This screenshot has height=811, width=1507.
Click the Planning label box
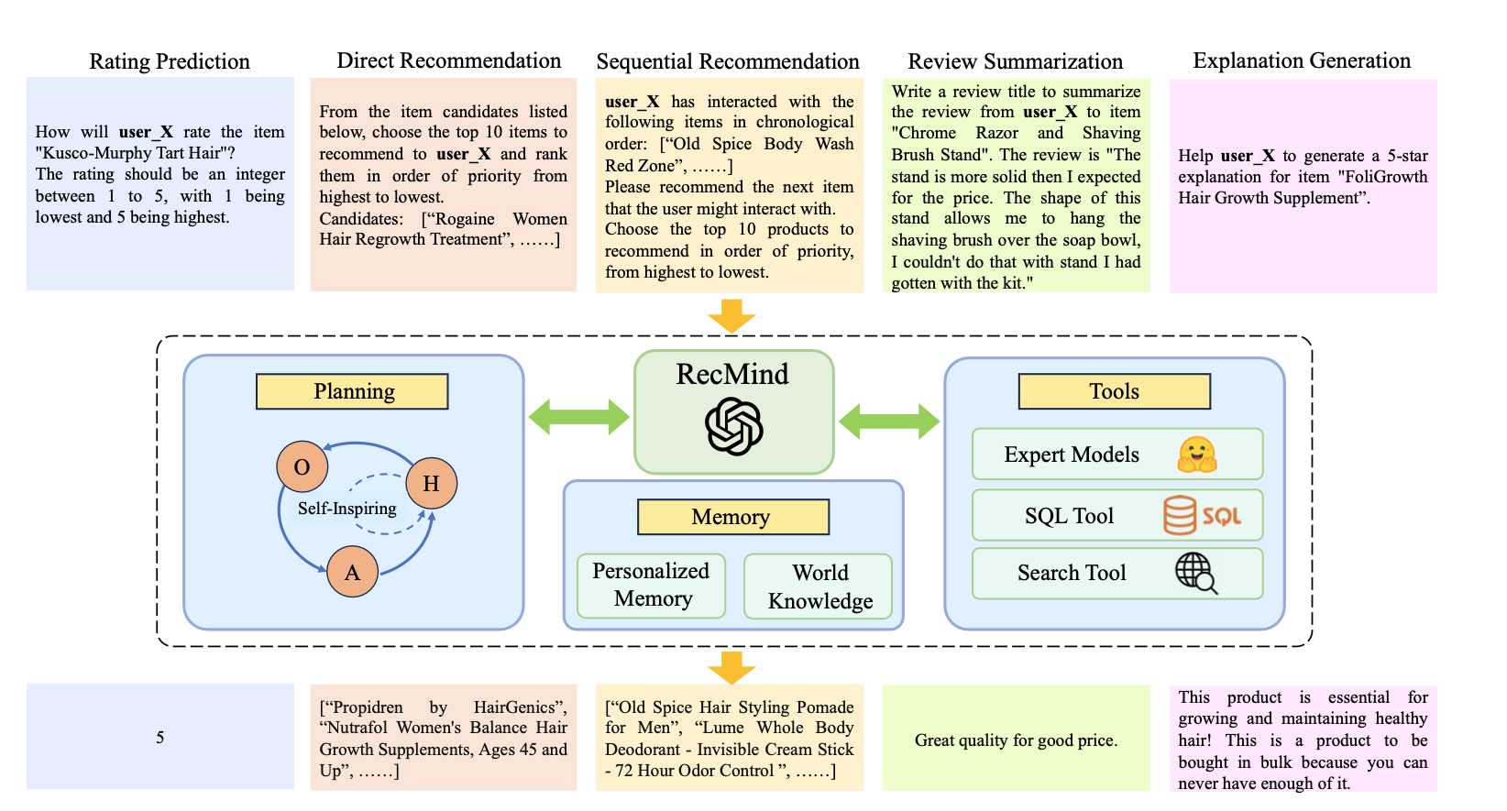[x=352, y=391]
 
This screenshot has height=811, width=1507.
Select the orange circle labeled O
[x=302, y=466]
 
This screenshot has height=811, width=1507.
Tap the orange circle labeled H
[x=431, y=483]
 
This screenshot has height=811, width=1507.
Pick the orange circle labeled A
[x=352, y=572]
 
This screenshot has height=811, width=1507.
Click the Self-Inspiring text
[x=346, y=509]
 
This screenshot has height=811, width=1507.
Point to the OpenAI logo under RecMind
[x=733, y=426]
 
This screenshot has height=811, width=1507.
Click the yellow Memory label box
[x=732, y=517]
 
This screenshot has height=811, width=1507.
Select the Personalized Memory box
[x=651, y=585]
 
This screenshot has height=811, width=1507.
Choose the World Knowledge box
[x=819, y=586]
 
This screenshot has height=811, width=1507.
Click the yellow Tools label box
[x=1114, y=391]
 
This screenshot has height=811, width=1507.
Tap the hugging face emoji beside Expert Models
[x=1197, y=455]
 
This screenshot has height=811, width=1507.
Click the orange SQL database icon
[x=1201, y=515]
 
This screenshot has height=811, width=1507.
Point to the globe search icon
[x=1196, y=573]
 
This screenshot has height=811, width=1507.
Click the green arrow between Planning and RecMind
[x=578, y=417]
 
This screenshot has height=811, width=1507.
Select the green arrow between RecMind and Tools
[x=888, y=422]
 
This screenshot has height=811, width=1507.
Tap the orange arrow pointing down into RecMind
[x=731, y=316]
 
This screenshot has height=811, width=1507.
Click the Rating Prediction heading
[x=170, y=61]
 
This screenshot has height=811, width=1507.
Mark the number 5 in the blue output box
[x=160, y=737]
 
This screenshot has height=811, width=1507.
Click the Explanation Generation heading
[x=1302, y=61]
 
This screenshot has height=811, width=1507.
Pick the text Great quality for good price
[x=1016, y=740]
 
